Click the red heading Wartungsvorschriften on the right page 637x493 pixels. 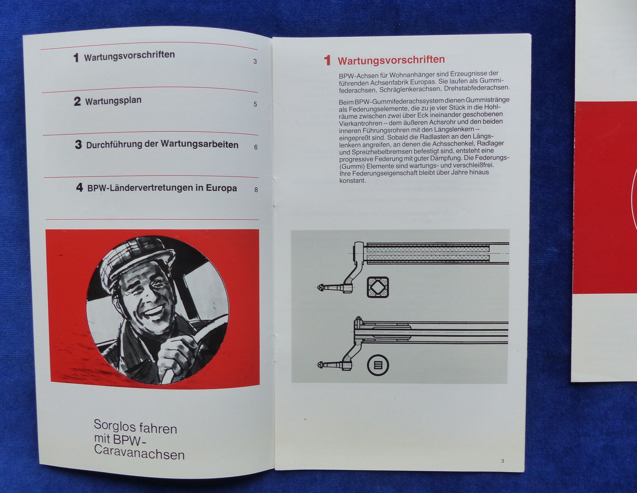point(391,59)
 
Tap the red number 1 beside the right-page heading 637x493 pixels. point(327,60)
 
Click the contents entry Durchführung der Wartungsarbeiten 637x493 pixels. point(162,145)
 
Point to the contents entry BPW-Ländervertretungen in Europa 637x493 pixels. point(162,188)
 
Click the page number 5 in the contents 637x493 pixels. point(255,104)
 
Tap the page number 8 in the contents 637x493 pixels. point(256,189)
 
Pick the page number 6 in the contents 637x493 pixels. point(256,147)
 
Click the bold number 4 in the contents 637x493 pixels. point(80,188)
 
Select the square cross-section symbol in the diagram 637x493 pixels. point(378,287)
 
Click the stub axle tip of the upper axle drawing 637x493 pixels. point(319,288)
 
